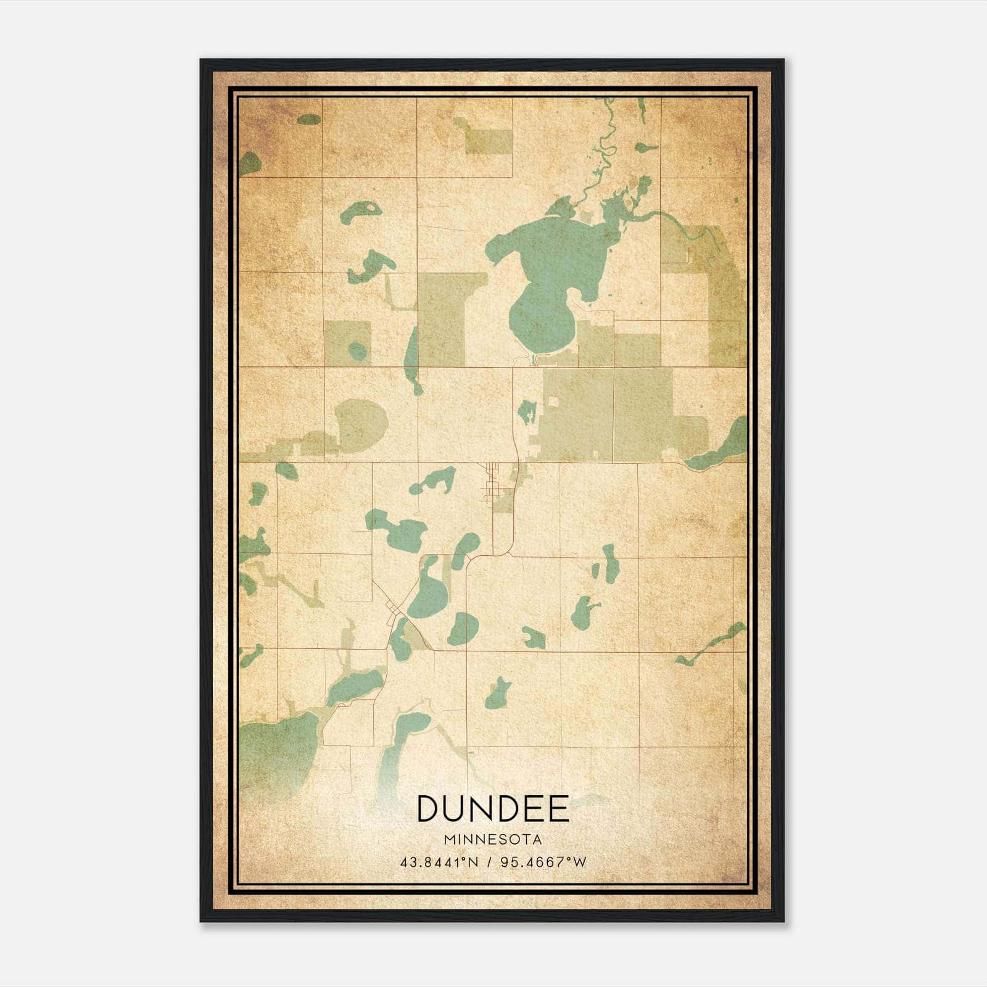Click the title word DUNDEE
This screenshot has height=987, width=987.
click(x=492, y=809)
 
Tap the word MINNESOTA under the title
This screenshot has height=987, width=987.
click(x=492, y=840)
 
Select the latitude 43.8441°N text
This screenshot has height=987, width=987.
click(x=439, y=862)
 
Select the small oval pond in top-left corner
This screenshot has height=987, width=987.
click(x=309, y=119)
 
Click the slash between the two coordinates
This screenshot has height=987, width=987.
click(x=489, y=862)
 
